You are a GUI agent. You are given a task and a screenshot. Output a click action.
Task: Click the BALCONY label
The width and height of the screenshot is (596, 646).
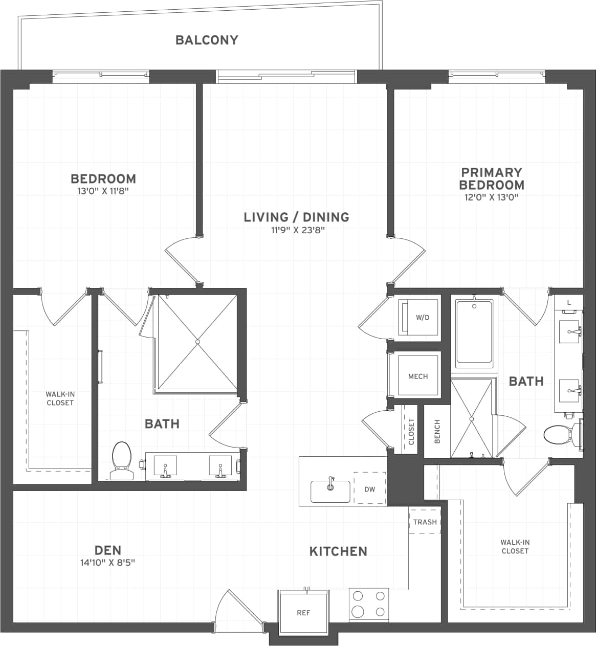pos(207,40)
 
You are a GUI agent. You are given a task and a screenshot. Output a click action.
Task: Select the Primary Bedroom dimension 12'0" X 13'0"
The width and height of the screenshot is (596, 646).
pos(491,197)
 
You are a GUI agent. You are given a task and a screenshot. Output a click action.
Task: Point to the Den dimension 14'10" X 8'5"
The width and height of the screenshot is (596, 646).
pos(107,563)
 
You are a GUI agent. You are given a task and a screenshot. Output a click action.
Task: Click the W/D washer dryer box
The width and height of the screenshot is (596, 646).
pos(418,318)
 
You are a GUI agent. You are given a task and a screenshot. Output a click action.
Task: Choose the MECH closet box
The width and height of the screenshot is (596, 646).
pos(418,376)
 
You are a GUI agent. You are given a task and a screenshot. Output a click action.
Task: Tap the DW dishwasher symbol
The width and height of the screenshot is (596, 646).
pos(369,489)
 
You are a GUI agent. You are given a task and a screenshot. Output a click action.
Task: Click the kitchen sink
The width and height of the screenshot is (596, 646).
pos(330,491)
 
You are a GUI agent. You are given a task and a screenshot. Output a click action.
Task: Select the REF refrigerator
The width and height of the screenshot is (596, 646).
pos(303,612)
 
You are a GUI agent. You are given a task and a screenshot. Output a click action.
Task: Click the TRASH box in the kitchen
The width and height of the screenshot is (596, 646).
pos(425,522)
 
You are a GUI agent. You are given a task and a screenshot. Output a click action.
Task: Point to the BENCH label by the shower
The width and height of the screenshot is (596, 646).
pos(437,432)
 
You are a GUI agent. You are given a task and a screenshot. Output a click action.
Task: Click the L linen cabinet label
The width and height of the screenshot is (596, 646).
pos(569,303)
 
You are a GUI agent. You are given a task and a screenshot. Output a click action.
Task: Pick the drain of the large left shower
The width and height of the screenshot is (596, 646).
pos(197,341)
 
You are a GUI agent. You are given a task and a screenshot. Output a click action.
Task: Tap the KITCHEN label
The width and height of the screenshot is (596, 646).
pos(338,551)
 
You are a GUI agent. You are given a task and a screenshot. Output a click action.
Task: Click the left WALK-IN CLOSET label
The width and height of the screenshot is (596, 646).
pos(60,398)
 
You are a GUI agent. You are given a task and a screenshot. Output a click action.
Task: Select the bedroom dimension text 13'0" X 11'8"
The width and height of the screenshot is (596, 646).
pos(103,191)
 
